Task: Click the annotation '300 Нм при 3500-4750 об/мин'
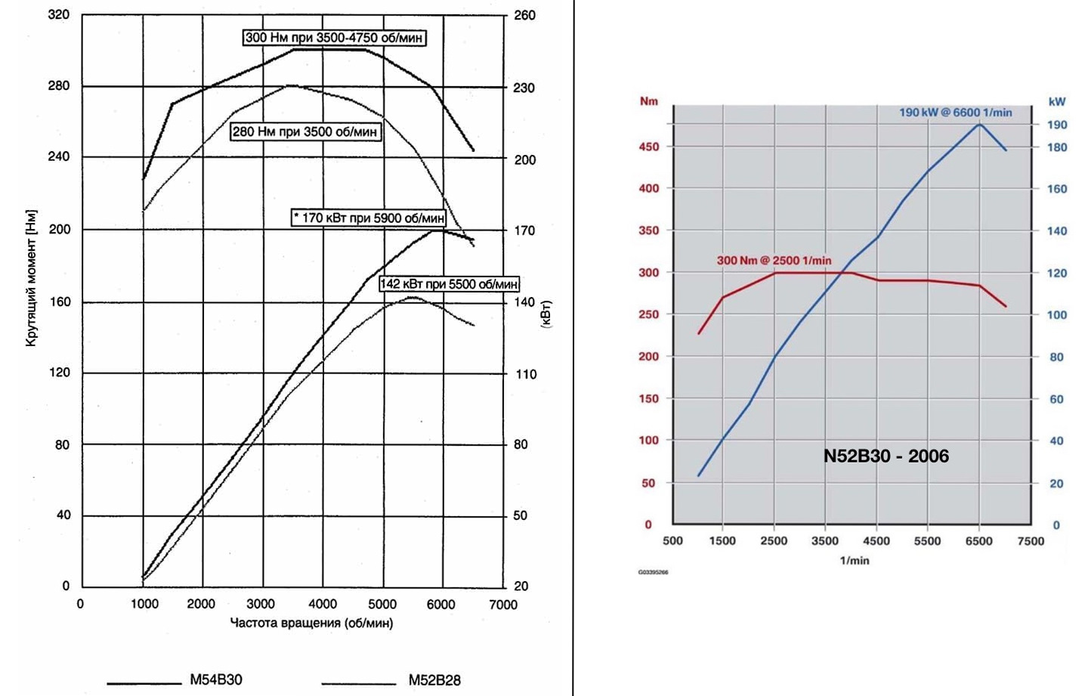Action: (334, 37)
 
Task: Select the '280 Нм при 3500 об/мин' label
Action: (304, 131)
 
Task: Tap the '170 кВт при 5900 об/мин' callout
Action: (369, 218)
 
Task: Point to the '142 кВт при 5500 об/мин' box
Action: (449, 284)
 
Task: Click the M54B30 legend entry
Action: (216, 679)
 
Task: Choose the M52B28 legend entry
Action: (434, 679)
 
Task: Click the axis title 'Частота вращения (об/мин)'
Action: (311, 623)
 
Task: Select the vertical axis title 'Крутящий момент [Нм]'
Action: (31, 278)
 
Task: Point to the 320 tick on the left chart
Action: (59, 14)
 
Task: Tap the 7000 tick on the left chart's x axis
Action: (502, 605)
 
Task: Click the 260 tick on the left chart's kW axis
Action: (524, 15)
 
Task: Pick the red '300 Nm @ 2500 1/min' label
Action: (774, 260)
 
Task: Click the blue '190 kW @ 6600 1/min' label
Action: (955, 113)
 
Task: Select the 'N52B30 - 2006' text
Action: (886, 456)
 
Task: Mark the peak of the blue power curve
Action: (980, 124)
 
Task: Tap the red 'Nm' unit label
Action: (648, 101)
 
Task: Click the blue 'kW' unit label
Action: (1056, 101)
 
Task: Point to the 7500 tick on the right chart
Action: (1030, 541)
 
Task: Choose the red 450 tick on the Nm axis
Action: (648, 147)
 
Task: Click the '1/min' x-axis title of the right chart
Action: (854, 560)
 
